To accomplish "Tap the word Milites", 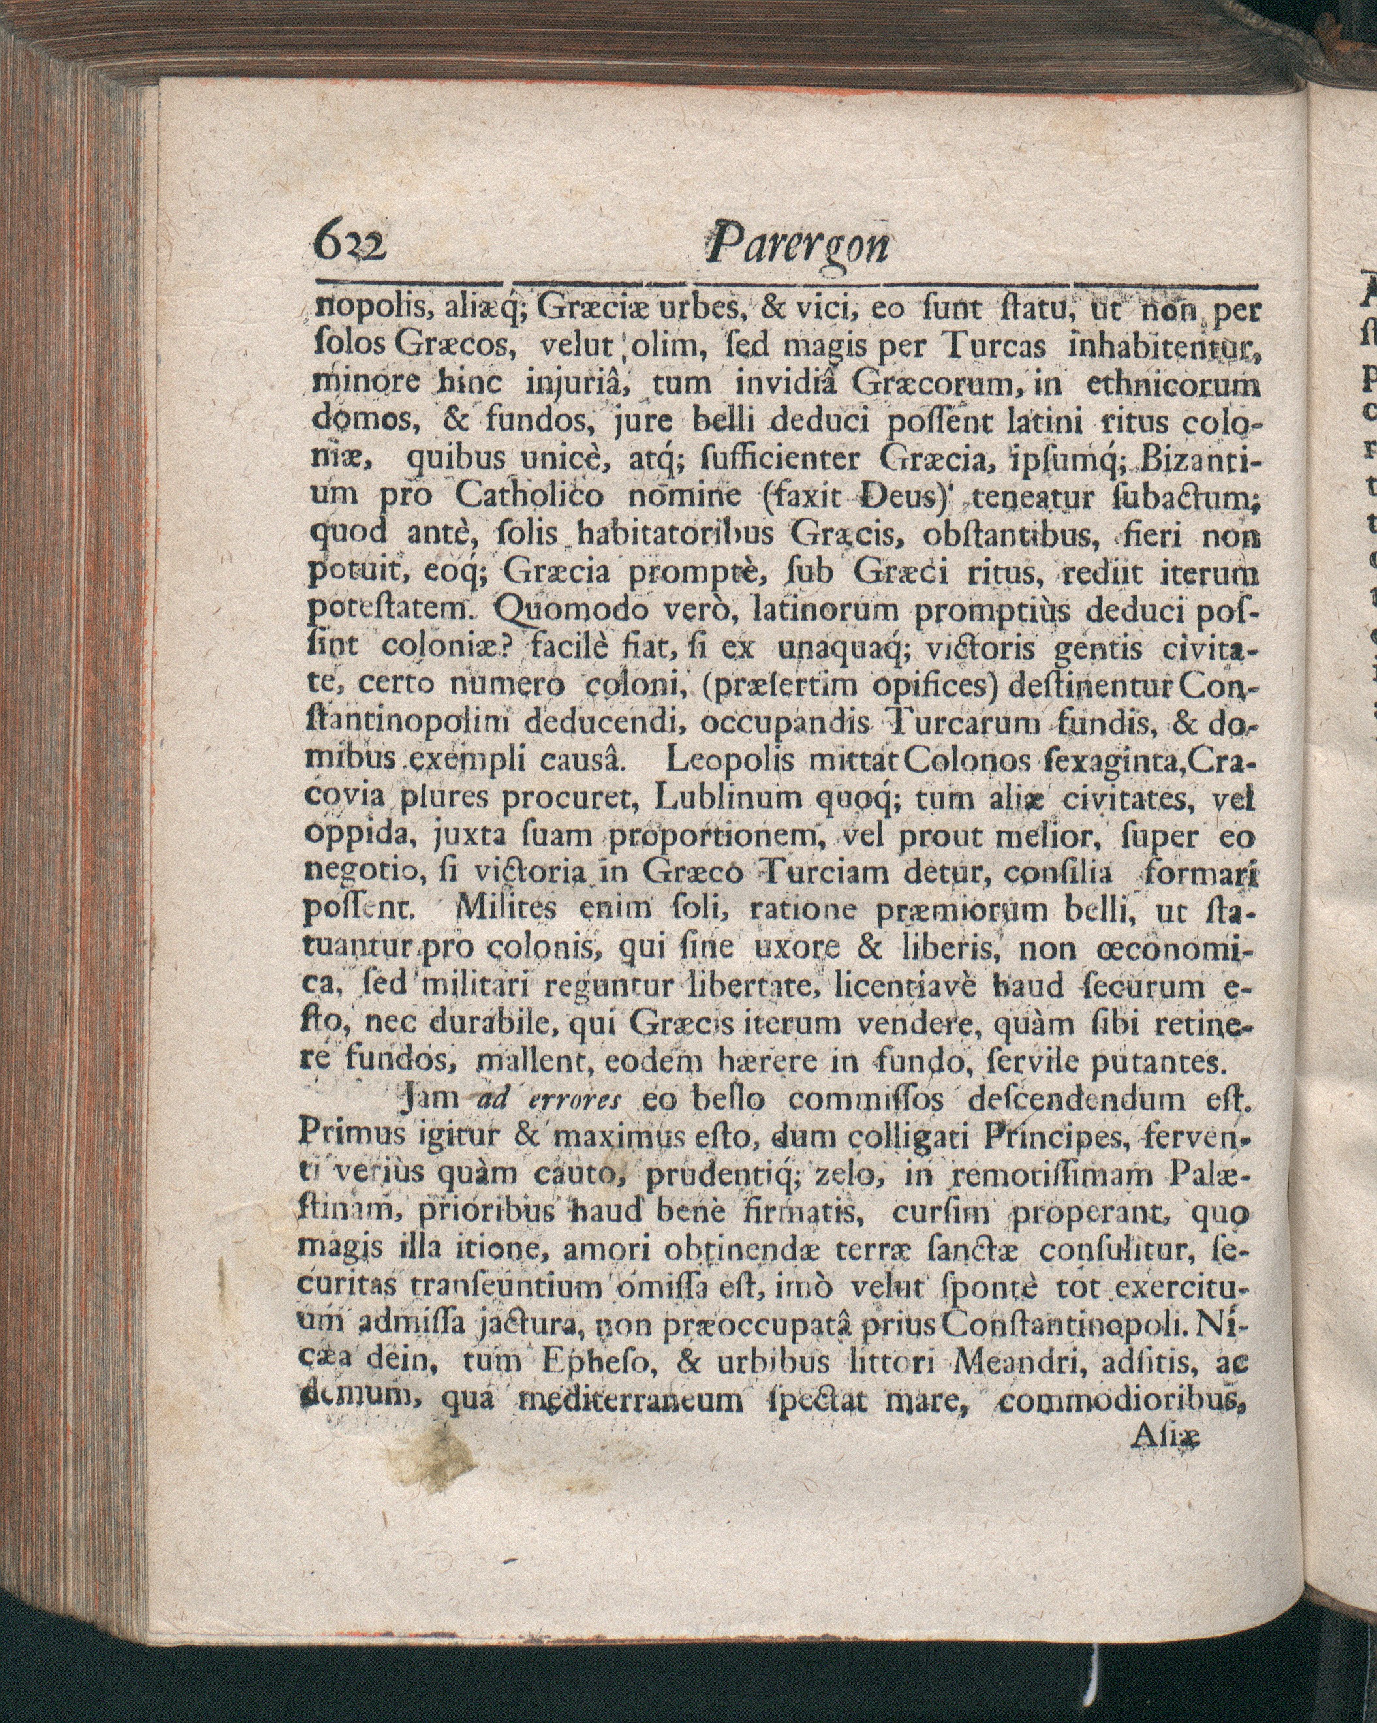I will click(x=499, y=908).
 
